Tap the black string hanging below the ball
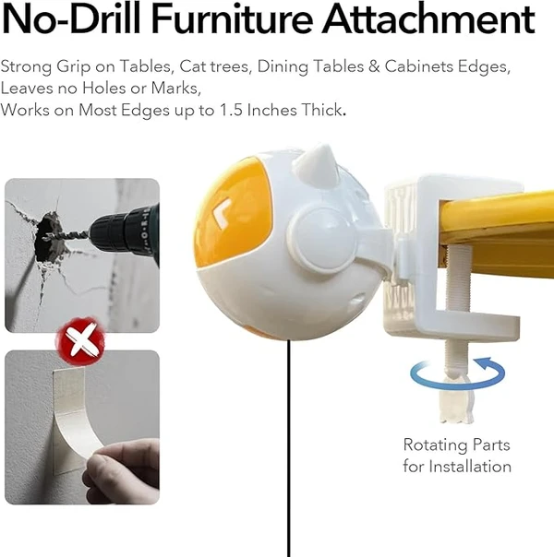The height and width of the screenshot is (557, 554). coord(288,443)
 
